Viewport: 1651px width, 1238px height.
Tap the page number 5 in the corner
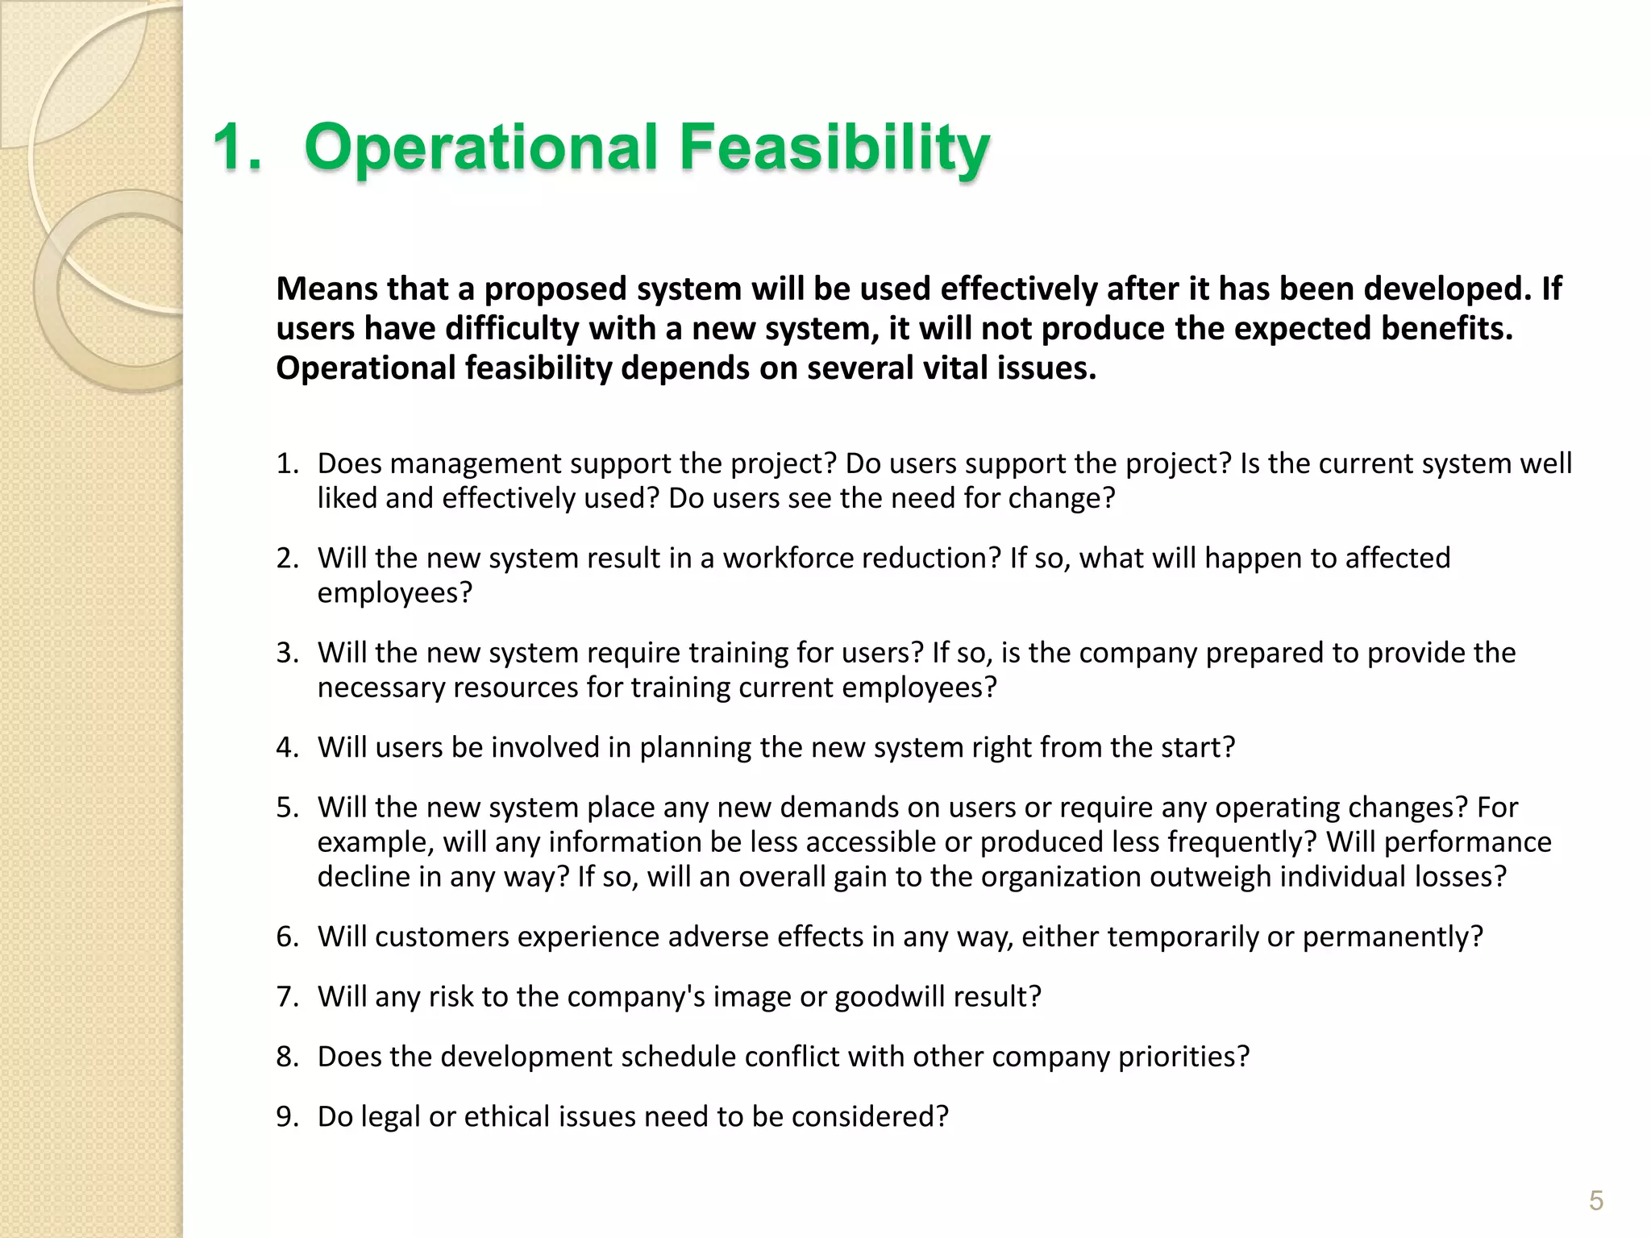[x=1595, y=1200]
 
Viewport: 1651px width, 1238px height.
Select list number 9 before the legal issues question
[x=286, y=1116]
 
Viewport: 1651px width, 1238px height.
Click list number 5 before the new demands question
[x=286, y=807]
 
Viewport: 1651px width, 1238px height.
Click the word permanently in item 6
[x=1392, y=937]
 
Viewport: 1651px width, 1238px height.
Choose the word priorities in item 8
[x=1183, y=1057]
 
